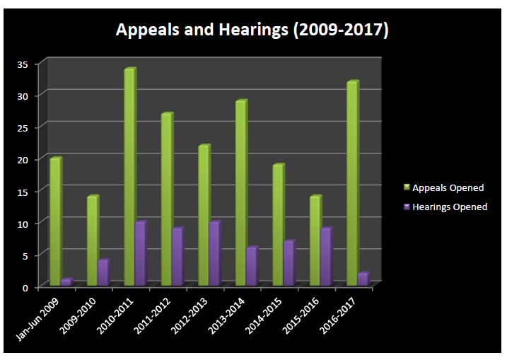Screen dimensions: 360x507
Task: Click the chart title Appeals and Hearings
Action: coord(252,30)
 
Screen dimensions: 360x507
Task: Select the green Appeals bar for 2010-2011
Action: coord(129,177)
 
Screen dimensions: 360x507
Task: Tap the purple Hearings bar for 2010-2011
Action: coord(140,254)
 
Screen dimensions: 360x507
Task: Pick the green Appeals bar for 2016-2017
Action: coord(352,184)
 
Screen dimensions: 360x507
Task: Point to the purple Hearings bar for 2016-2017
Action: coord(363,279)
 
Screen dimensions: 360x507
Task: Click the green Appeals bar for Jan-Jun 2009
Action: coord(55,222)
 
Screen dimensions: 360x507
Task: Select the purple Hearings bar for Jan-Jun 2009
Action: coord(66,282)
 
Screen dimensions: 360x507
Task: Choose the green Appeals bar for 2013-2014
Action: coord(240,193)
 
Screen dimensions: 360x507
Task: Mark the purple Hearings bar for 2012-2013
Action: coord(214,254)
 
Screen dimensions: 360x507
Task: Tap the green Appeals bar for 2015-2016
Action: coord(315,240)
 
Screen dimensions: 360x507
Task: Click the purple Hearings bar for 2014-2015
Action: coord(289,263)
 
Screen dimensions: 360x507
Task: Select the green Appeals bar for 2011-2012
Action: coord(166,199)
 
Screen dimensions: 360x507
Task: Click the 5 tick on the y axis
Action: coord(25,255)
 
